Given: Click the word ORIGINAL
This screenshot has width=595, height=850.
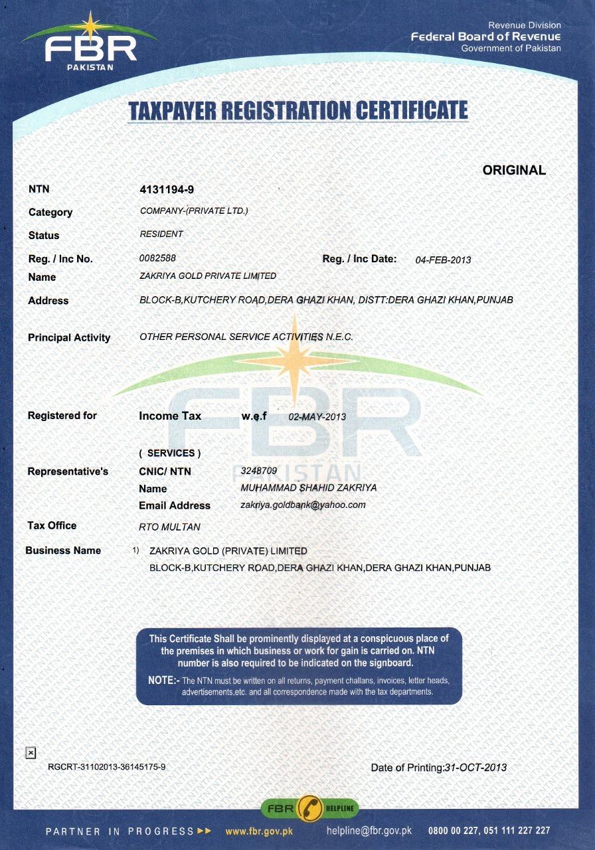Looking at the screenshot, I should point(514,170).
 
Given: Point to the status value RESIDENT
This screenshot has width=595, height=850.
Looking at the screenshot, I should point(161,234).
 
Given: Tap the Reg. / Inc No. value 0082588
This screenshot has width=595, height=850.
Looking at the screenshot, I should point(157,258).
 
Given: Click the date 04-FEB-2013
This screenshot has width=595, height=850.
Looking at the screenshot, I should point(443,260).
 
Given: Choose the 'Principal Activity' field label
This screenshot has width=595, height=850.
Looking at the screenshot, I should point(69,338).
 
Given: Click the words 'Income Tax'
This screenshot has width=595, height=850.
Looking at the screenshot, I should point(170,416).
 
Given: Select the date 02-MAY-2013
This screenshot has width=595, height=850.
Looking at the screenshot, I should point(317,417).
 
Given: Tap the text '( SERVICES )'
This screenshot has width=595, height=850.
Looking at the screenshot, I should point(170,453).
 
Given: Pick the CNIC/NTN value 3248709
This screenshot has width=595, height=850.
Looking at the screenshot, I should point(254,471).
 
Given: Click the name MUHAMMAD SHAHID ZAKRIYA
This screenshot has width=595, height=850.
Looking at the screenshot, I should point(308,488).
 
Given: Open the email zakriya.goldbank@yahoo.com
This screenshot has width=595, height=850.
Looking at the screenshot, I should point(303,505).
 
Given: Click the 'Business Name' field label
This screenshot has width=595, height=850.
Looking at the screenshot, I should point(63,551).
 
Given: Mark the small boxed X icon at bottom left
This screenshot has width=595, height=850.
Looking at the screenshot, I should point(30,752).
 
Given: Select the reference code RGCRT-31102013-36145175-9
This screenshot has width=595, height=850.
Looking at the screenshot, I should point(106,767).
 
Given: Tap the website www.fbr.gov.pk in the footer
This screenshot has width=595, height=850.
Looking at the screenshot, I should point(259,831).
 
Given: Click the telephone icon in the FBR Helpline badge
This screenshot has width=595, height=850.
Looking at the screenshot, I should point(310,808).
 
